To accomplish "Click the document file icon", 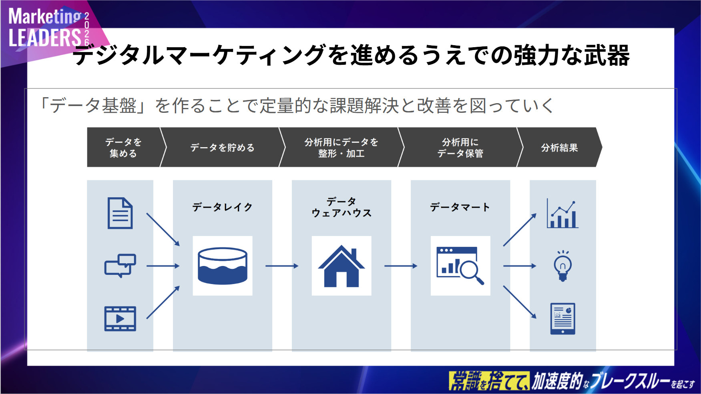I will click(x=120, y=213).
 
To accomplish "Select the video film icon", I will click(x=120, y=319).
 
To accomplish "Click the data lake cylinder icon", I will click(x=223, y=266).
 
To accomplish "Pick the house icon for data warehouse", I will click(x=341, y=266).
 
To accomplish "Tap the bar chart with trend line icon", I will click(x=562, y=214).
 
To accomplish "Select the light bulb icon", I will click(x=562, y=266).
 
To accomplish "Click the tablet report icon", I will click(x=562, y=319).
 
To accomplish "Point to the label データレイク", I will click(x=223, y=207).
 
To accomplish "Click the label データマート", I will click(x=460, y=207).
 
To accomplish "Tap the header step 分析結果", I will click(x=559, y=148).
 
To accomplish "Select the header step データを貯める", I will click(x=222, y=148).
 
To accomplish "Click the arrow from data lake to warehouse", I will click(x=282, y=266).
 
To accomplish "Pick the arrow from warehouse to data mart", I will click(x=401, y=266).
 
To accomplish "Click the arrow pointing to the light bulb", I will click(x=520, y=266).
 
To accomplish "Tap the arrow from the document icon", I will click(x=163, y=229).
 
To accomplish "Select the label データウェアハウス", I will click(x=341, y=207).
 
